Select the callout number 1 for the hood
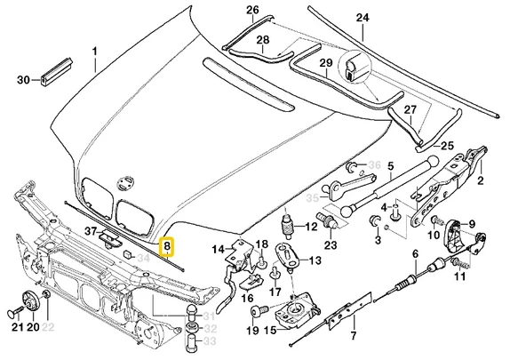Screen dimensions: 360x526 (x=95, y=52)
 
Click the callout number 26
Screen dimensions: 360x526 (x=227, y=11)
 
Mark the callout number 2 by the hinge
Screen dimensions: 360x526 (x=482, y=181)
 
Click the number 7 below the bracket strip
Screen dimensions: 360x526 (x=354, y=336)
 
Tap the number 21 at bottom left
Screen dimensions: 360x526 (x=15, y=328)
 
